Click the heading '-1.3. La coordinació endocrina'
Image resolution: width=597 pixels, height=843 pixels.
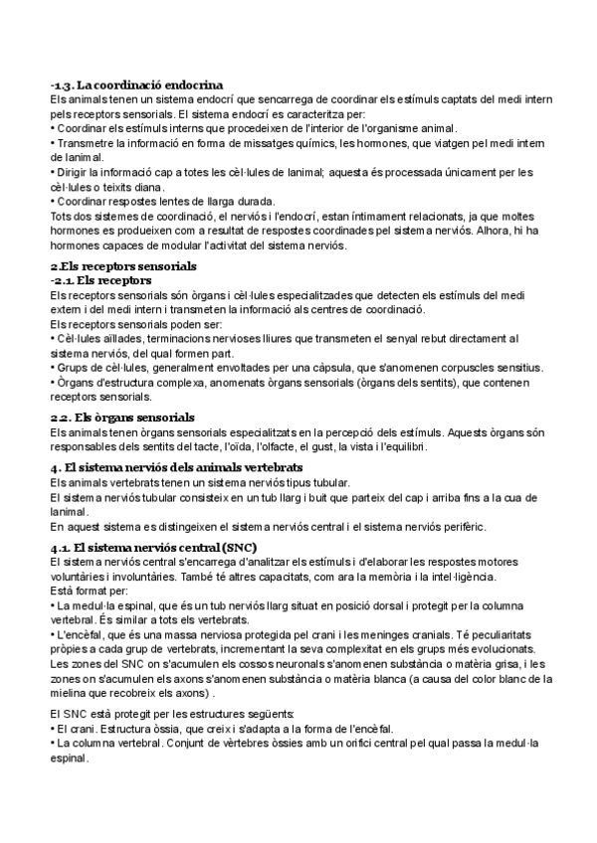pos(136,85)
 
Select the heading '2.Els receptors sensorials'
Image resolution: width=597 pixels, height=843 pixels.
pos(123,267)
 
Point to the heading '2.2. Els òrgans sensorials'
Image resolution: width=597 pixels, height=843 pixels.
pos(122,417)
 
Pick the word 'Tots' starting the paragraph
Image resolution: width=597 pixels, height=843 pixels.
pos(62,216)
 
